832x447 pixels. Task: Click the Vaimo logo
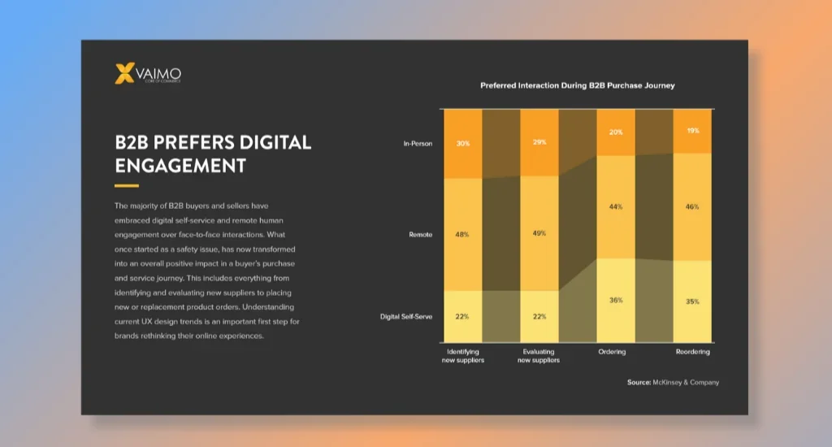click(x=149, y=74)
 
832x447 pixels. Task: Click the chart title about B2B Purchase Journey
click(x=577, y=85)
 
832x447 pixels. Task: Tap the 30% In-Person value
click(x=463, y=144)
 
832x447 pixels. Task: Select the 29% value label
click(x=539, y=142)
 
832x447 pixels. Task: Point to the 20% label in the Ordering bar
click(x=616, y=132)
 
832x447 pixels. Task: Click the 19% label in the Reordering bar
click(x=692, y=131)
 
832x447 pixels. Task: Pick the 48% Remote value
click(x=463, y=234)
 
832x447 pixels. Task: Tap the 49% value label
click(x=539, y=233)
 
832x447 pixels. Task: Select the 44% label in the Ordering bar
click(x=616, y=206)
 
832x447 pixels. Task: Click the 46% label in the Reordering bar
click(x=692, y=206)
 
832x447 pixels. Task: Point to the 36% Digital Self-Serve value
click(x=616, y=300)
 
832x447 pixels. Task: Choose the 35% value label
click(x=692, y=301)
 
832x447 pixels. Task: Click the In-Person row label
click(x=418, y=144)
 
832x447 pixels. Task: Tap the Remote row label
click(x=421, y=234)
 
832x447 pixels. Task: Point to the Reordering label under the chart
click(x=692, y=352)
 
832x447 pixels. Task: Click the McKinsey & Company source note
click(x=673, y=382)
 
